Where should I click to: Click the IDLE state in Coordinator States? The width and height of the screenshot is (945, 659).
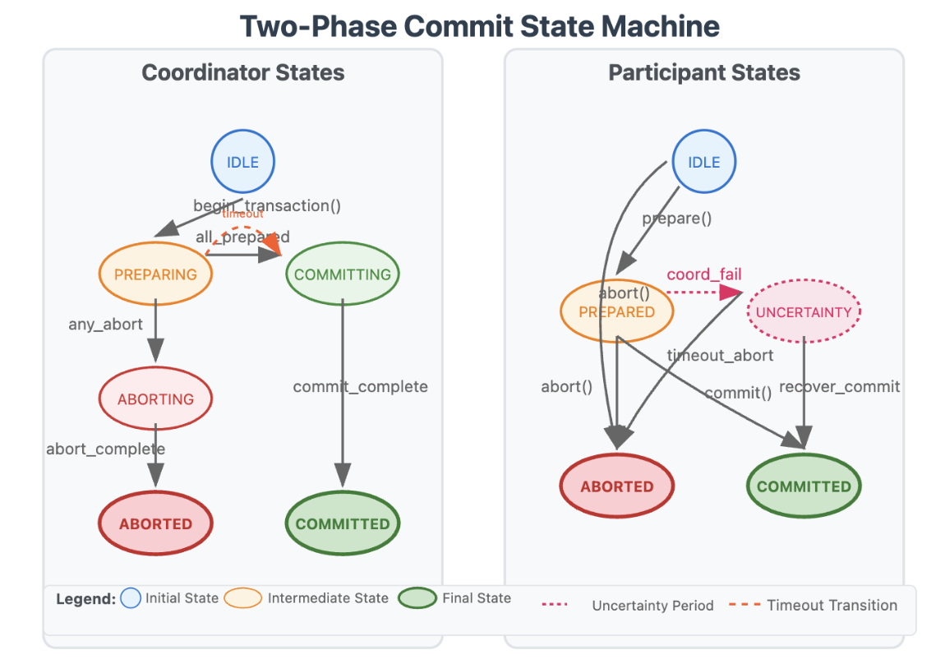242,162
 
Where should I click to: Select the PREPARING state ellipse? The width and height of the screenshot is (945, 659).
155,274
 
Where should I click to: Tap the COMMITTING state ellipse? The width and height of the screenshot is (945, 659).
343,274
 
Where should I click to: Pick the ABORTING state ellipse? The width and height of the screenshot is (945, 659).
155,399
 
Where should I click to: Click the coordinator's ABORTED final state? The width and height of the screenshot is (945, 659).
155,523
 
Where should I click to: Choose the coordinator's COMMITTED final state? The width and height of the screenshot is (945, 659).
343,523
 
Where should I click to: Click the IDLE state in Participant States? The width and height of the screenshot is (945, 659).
703,162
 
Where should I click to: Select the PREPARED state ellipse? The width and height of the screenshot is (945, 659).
616,312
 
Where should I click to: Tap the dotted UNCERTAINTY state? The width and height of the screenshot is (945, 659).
804,312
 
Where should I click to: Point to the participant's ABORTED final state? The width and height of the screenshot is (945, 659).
616,486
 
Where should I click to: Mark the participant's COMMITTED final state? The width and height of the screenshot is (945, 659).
804,486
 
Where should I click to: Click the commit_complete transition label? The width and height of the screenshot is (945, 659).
360,386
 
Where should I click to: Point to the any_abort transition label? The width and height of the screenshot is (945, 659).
105,325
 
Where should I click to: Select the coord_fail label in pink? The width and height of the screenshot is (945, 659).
703,274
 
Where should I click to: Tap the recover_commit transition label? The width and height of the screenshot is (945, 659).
839,386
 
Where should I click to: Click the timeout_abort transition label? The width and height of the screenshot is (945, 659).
720,355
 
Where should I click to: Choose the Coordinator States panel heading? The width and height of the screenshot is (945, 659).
242,72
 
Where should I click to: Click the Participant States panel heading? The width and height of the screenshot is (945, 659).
703,72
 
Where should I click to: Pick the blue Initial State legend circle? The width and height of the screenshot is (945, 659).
131,598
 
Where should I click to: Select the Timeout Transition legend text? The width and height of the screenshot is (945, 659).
832,606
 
